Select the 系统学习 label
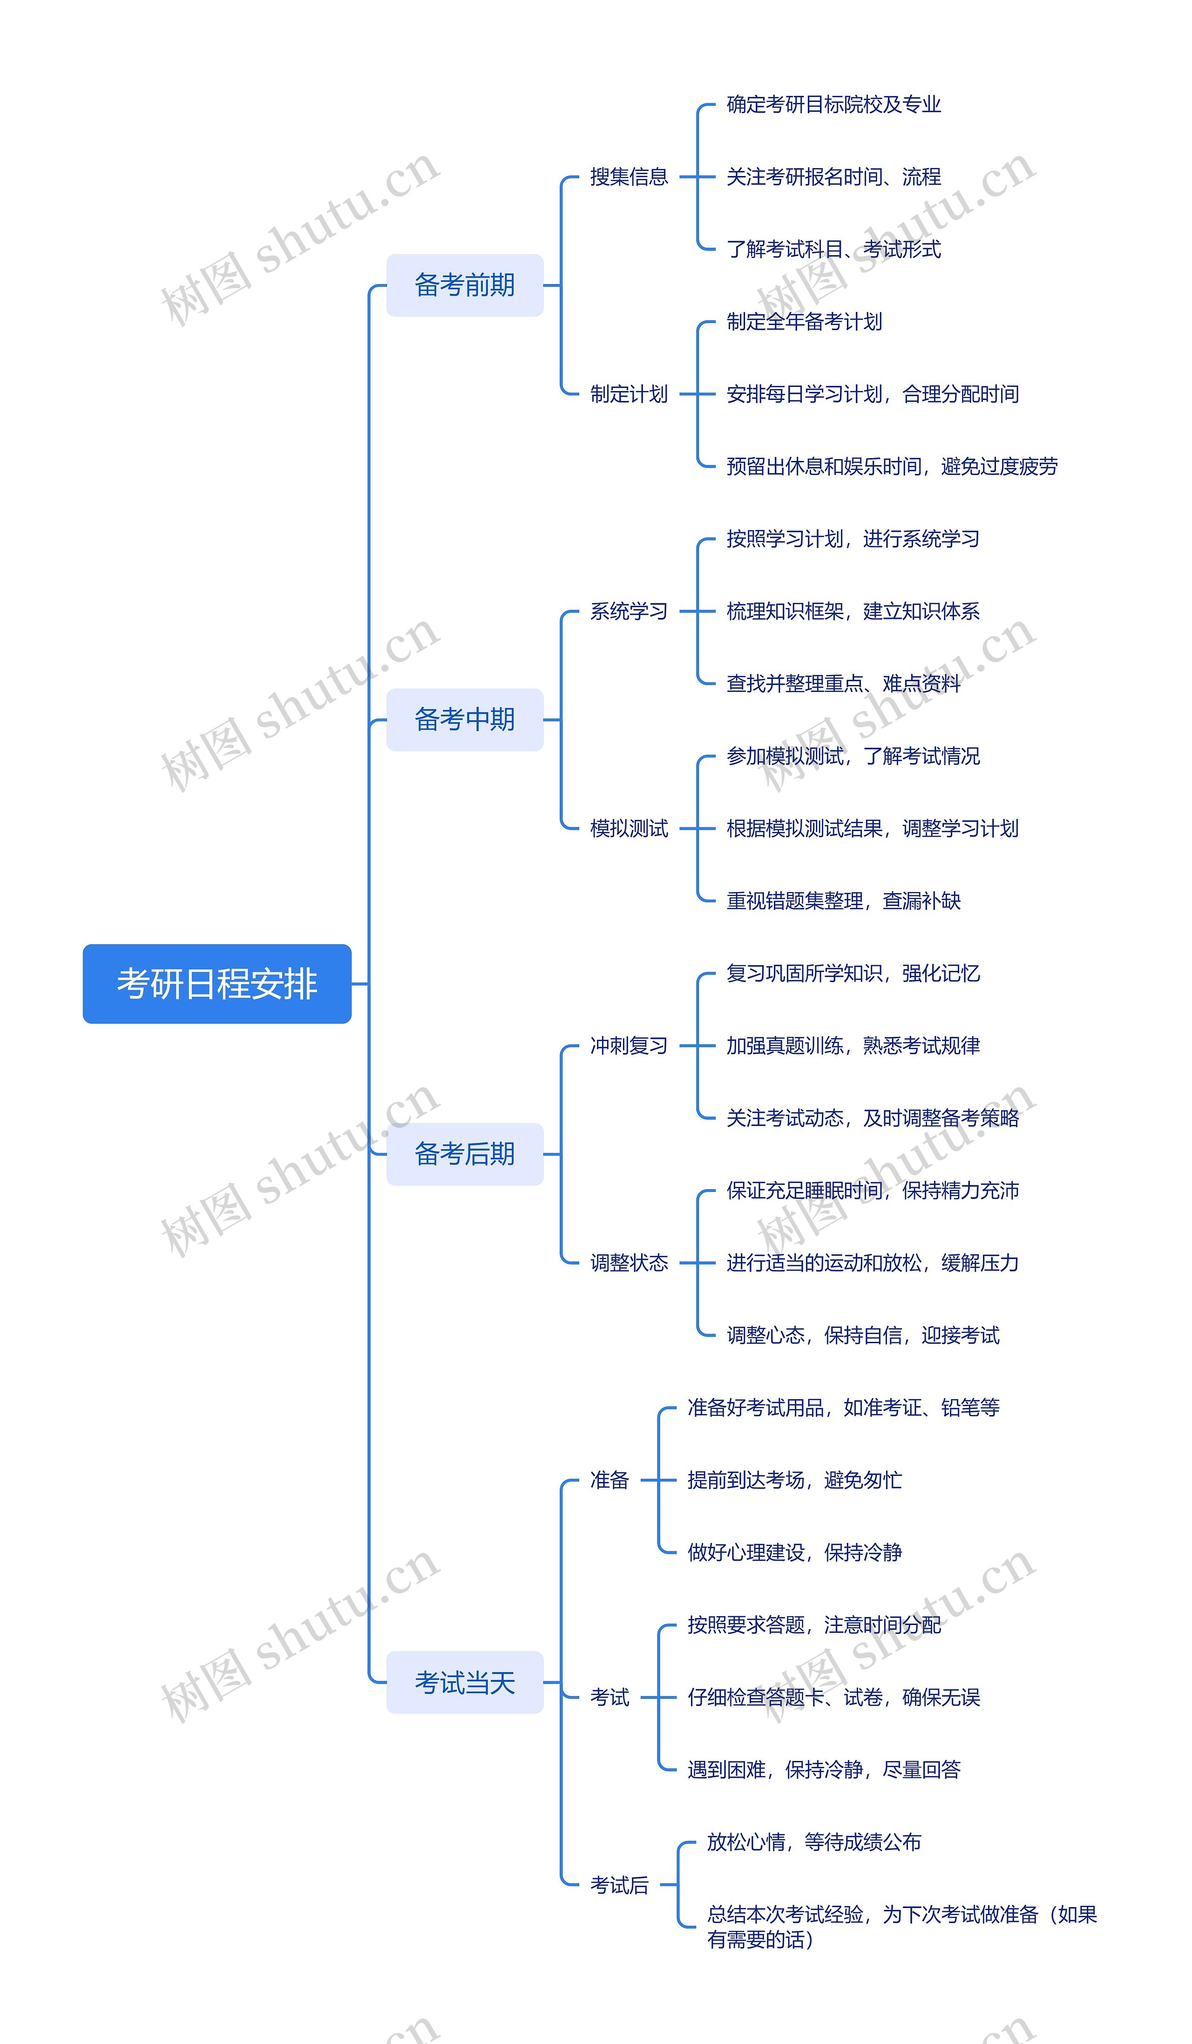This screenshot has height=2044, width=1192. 629,611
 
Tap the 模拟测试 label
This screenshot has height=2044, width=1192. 629,828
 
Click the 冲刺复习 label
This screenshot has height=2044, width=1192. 629,1046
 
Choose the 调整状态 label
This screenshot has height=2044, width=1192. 629,1262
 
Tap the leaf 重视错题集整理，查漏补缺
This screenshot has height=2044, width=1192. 843,900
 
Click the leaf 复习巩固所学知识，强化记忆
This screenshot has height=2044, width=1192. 853,973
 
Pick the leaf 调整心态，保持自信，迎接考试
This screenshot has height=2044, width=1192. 863,1335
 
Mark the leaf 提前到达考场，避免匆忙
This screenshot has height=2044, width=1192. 794,1480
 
